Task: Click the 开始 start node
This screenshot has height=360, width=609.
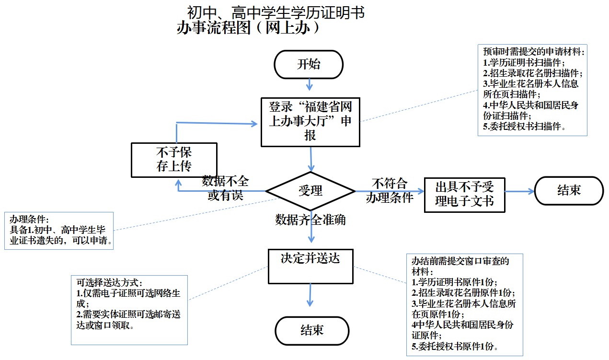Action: coord(309,64)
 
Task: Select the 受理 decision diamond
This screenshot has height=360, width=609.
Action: coord(310,190)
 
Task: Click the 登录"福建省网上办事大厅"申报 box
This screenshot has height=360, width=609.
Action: coord(310,121)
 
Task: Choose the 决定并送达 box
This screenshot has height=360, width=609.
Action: coord(310,266)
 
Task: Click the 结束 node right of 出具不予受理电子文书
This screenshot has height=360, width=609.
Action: coord(569,190)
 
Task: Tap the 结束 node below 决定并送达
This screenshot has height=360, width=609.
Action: coord(311,330)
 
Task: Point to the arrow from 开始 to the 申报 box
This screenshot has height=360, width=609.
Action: coord(310,85)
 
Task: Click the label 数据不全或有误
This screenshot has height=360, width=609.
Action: coord(225,188)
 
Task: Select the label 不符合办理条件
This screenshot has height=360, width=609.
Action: coord(389,190)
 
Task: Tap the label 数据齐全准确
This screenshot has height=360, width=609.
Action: coord(310,220)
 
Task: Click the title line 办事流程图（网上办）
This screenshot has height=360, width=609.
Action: coord(248,28)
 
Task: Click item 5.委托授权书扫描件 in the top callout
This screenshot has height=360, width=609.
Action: coord(525,127)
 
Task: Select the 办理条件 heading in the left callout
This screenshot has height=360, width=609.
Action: coord(29,219)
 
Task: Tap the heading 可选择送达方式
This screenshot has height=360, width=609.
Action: coord(110,283)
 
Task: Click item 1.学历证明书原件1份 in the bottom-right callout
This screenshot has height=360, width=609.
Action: coord(455,282)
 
